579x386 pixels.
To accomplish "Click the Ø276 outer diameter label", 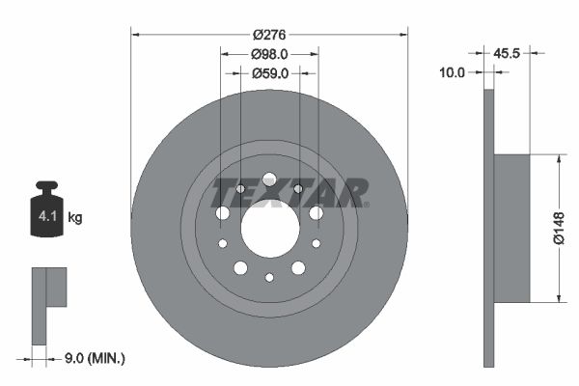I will pyautogui.click(x=269, y=34).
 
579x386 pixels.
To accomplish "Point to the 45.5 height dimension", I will pyautogui.click(x=508, y=54).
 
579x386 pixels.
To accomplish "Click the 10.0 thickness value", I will pyautogui.click(x=453, y=72).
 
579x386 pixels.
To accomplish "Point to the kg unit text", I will pyautogui.click(x=75, y=218).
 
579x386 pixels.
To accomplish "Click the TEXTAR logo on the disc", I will pyautogui.click(x=289, y=192).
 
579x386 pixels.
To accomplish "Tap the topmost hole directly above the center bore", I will pyautogui.click(x=269, y=179).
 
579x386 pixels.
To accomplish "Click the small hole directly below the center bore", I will pyautogui.click(x=269, y=278).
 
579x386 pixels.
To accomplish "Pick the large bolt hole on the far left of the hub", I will pyautogui.click(x=223, y=212).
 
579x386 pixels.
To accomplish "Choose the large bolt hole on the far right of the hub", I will pyautogui.click(x=316, y=212).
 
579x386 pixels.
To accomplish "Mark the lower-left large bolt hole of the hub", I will pyautogui.click(x=240, y=267).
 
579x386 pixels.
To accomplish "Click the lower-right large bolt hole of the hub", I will pyautogui.click(x=298, y=267).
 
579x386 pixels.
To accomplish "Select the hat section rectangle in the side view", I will pyautogui.click(x=511, y=227).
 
